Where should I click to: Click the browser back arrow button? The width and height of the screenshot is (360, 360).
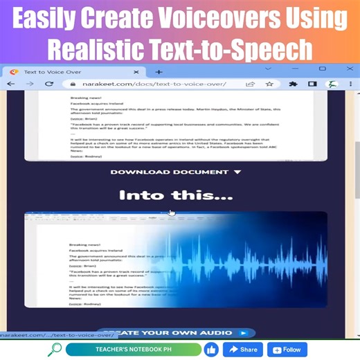tap(11, 84)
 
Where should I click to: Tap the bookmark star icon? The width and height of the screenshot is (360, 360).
tap(269, 84)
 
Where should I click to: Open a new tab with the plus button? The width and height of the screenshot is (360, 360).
tap(159, 71)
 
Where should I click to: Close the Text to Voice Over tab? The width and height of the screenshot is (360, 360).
tap(136, 71)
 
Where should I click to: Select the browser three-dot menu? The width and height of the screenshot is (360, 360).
tap(351, 84)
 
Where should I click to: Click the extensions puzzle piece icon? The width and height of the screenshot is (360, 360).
tap(294, 84)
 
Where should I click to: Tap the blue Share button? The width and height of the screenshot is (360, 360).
tap(242, 350)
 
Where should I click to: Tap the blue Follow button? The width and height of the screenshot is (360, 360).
tap(287, 350)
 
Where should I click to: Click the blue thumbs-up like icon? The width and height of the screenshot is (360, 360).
tap(210, 350)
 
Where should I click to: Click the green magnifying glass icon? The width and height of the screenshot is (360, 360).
tap(54, 350)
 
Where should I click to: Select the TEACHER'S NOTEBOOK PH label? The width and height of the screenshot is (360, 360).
tap(133, 350)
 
